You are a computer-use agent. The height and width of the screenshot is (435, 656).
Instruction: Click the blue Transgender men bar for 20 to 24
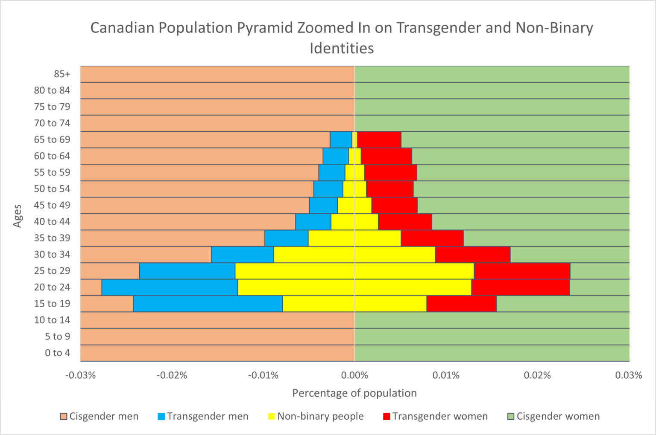click(x=170, y=287)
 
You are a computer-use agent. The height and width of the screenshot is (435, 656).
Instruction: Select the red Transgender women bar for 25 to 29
click(x=522, y=271)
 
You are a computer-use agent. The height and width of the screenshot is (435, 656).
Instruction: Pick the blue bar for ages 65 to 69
click(x=341, y=139)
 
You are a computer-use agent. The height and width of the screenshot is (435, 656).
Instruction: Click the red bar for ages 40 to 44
click(x=405, y=222)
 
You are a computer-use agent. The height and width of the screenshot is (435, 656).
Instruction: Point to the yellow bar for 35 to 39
click(x=354, y=238)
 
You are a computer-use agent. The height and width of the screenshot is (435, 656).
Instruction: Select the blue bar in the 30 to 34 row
click(x=243, y=255)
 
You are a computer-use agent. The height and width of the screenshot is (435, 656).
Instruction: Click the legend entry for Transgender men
click(x=203, y=416)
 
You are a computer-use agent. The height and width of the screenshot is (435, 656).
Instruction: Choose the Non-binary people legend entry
click(x=316, y=416)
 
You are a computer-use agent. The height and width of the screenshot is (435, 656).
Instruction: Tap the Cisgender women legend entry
click(x=553, y=416)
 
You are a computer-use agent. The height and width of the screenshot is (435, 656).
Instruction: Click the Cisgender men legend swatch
click(x=64, y=417)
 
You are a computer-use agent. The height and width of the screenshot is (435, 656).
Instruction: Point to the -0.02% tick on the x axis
click(x=172, y=375)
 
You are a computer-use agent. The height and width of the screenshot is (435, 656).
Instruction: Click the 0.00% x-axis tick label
click(x=354, y=375)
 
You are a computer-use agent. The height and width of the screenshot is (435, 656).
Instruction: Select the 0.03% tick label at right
click(x=628, y=375)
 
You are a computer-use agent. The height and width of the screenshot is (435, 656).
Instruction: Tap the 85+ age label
click(x=62, y=74)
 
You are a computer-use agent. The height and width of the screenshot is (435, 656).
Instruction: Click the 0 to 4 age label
click(x=57, y=353)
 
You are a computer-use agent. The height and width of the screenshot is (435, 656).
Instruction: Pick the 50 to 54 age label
click(x=52, y=189)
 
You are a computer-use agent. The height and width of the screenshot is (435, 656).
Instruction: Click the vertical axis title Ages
click(x=17, y=216)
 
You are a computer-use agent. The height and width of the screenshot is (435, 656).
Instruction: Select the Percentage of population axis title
click(x=354, y=393)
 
